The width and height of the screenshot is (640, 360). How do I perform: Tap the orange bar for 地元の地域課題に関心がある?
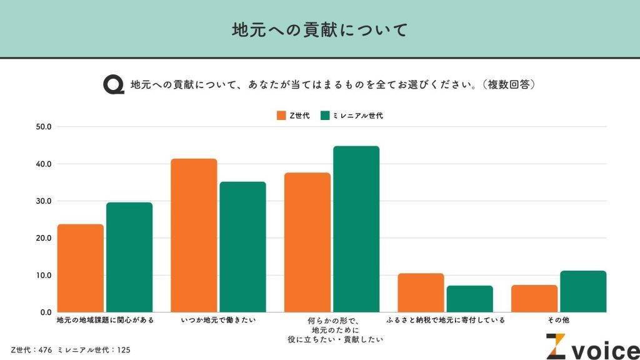click(81, 268)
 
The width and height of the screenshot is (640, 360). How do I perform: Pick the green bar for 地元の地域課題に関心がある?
click(129, 257)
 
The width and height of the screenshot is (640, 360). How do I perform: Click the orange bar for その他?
click(534, 299)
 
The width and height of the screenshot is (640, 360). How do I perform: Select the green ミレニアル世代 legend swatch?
click(325, 116)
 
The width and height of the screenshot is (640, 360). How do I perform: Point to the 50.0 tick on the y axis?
click(46, 127)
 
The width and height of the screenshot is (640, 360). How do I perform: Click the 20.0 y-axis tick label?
click(46, 238)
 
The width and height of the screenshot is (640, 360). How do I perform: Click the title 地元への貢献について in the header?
click(319, 29)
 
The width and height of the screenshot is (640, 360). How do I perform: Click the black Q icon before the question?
click(113, 84)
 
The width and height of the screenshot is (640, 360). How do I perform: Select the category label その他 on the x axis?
click(558, 321)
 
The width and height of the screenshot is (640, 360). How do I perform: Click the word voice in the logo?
click(603, 349)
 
